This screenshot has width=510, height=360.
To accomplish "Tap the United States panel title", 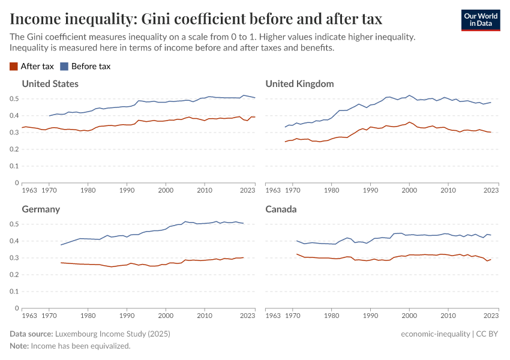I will point(50,83).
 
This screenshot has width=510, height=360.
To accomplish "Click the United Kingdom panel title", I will point(299,83).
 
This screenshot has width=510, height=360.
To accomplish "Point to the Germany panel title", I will point(41,209).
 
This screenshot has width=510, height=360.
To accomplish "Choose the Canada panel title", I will point(281,209).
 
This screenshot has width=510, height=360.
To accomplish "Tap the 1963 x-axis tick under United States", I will point(29,190).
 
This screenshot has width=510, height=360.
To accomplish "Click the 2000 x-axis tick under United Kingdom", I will point(409,190).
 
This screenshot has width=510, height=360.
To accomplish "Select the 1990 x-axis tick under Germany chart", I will point(127,316).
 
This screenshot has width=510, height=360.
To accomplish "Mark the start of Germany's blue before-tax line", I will point(61,245).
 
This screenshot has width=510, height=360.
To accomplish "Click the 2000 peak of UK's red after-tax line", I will point(409,122).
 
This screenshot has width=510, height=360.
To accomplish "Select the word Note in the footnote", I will point(19,346).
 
